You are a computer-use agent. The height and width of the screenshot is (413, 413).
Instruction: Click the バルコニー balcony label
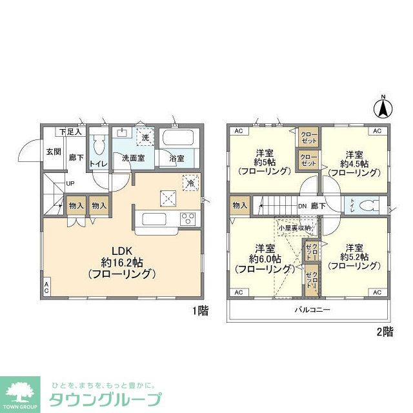click(313, 310)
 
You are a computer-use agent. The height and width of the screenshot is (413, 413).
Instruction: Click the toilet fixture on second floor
click(369, 206)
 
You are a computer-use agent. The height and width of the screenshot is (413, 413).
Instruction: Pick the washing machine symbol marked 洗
click(145, 138)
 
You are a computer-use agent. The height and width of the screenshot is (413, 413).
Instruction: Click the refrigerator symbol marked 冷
click(190, 182)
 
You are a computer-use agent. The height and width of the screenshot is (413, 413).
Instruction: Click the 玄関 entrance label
click(54, 152)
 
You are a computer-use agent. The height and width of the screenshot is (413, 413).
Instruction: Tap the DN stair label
click(302, 206)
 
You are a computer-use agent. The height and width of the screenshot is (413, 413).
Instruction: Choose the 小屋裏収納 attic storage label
click(294, 228)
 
